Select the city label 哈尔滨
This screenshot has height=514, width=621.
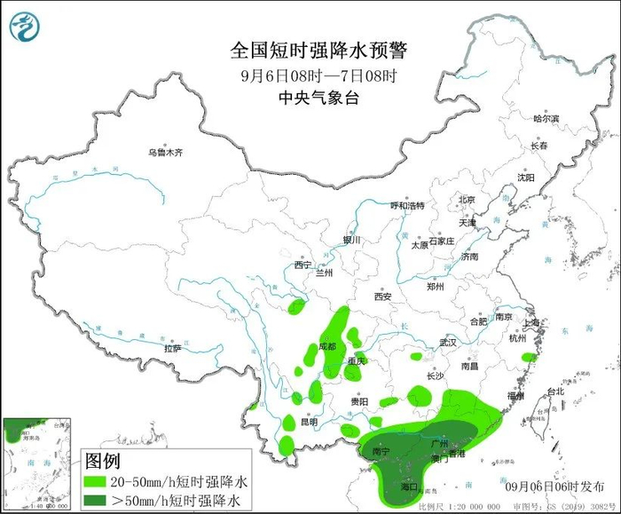(x=546, y=118)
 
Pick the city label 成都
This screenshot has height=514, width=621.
(x=327, y=347)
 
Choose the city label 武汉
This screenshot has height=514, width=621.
(x=447, y=342)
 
